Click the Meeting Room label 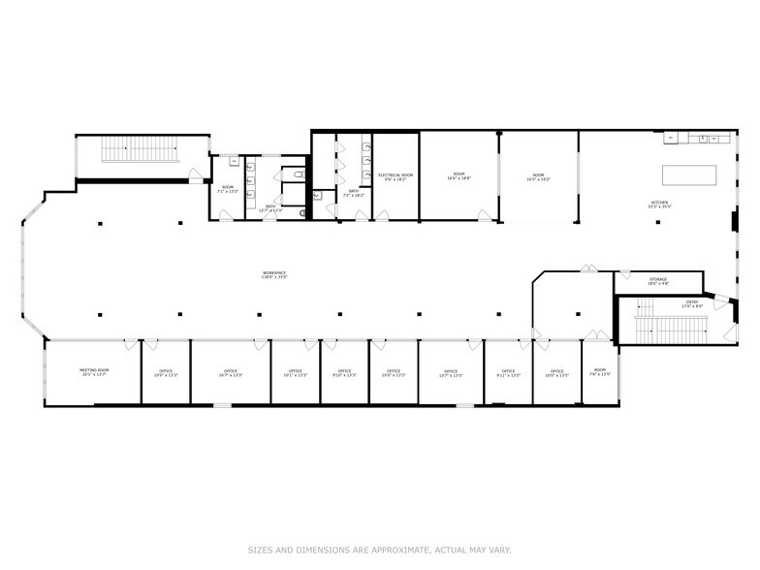[x=94, y=372]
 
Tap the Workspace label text [x=274, y=275]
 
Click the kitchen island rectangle [x=689, y=174]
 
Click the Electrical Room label [x=396, y=177]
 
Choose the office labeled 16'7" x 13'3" [x=231, y=373]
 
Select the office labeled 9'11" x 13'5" [x=508, y=373]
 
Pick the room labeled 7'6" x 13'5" [x=600, y=372]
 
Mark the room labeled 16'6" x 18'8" [x=459, y=177]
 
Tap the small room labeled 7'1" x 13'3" [x=228, y=189]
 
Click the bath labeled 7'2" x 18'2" [x=354, y=194]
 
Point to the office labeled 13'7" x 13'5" [x=451, y=373]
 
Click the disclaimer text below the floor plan [x=380, y=549]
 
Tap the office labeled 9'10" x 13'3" [x=344, y=373]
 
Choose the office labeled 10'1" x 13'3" [x=295, y=373]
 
